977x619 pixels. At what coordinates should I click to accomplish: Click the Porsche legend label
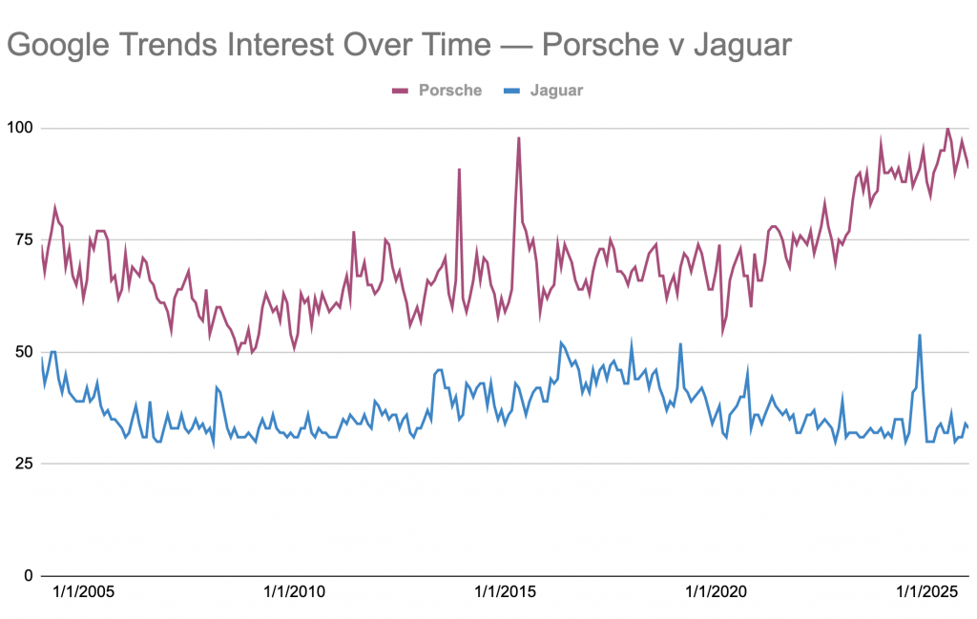tap(450, 91)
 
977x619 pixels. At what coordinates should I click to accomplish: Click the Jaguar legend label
tap(556, 91)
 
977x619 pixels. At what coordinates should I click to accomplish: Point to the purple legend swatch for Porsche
tap(401, 91)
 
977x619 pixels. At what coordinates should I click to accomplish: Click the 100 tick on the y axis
tap(21, 128)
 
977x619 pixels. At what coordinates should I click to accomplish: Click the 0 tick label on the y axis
tap(29, 575)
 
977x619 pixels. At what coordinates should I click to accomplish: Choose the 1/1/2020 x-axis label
tap(717, 592)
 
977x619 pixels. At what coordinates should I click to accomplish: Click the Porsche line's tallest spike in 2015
tap(518, 138)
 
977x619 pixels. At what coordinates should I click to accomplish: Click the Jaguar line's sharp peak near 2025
tap(919, 336)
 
